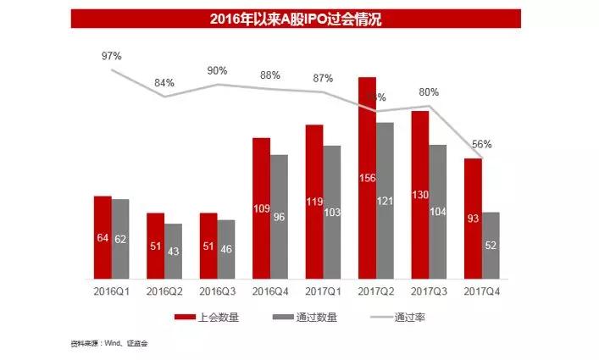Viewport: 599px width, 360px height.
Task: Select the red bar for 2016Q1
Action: (103, 237)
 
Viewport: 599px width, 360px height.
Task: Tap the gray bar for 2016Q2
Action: (173, 251)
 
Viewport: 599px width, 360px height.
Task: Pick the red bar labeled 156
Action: (367, 178)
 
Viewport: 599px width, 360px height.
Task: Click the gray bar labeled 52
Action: (491, 245)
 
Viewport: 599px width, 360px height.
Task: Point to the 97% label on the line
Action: (112, 56)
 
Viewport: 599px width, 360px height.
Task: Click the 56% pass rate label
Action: (481, 145)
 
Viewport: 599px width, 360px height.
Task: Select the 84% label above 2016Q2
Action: (164, 83)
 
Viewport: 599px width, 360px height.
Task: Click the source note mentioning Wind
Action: (114, 344)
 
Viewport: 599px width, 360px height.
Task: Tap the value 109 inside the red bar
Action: (262, 208)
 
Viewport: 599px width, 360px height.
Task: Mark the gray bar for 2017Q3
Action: (437, 212)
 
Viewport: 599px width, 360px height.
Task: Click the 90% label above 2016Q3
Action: (217, 70)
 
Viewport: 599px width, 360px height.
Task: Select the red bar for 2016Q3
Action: (208, 246)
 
